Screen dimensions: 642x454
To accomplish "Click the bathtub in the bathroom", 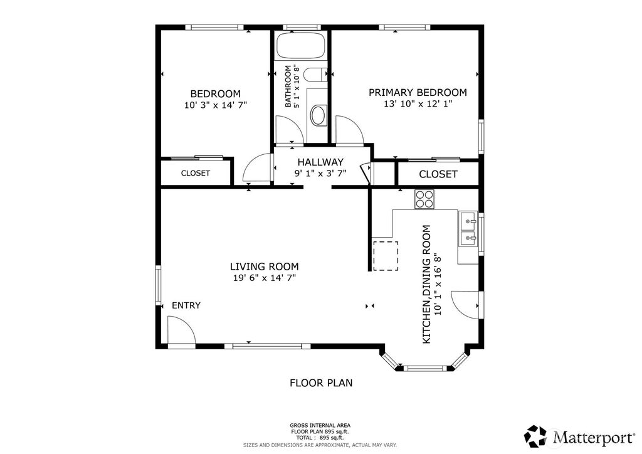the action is click(x=301, y=45).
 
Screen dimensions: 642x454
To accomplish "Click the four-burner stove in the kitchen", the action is click(x=424, y=199).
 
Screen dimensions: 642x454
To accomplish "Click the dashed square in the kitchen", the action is click(x=386, y=256).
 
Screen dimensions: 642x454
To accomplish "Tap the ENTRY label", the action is click(x=186, y=305).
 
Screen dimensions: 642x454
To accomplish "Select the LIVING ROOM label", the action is click(x=264, y=267).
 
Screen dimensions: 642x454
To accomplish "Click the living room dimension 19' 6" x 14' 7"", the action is click(x=264, y=278).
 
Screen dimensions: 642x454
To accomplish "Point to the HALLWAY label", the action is click(x=320, y=162).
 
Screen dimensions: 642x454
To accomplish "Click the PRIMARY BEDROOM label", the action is click(x=418, y=93).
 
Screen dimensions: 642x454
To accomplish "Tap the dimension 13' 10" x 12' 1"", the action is click(x=418, y=104).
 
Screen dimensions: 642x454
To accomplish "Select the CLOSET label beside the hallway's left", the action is click(x=196, y=173).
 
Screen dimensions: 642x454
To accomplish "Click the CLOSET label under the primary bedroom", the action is click(x=438, y=174).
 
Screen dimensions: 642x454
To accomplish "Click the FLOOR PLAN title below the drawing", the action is click(x=321, y=383).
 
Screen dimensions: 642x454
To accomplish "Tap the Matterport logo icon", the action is click(x=536, y=436).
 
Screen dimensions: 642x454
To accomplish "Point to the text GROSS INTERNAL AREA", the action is click(x=320, y=425).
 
